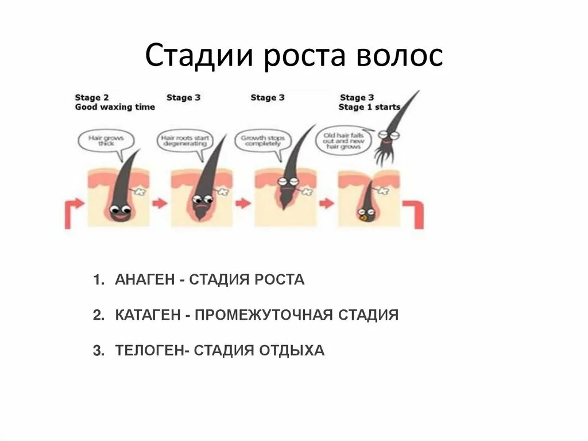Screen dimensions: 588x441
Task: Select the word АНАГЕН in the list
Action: [x=146, y=280]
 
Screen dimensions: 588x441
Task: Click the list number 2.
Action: [x=98, y=315]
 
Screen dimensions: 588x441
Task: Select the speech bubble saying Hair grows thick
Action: [x=106, y=140]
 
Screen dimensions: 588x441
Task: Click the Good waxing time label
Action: [x=115, y=108]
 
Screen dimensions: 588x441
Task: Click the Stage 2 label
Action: [x=88, y=98]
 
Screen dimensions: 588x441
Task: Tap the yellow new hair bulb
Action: [x=363, y=218]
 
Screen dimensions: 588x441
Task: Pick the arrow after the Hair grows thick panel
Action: [x=159, y=203]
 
